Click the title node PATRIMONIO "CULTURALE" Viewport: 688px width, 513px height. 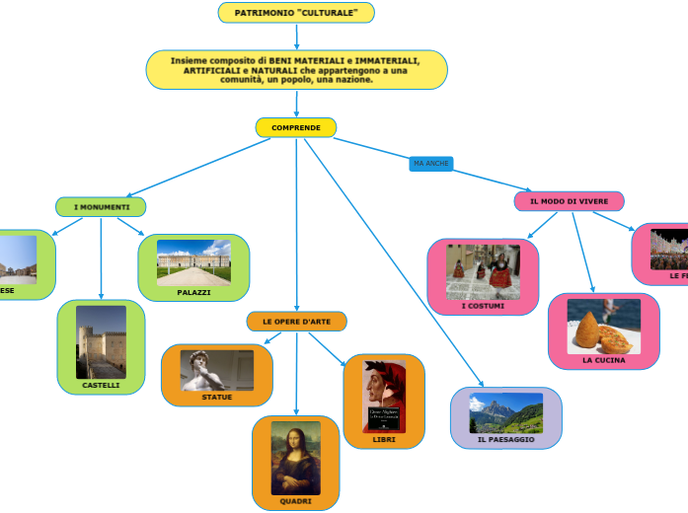point(296,13)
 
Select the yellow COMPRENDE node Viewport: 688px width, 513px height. point(296,127)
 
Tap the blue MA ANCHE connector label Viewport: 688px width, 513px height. point(431,163)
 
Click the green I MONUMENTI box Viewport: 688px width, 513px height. point(102,207)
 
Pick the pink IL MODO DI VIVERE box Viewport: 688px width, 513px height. point(569,201)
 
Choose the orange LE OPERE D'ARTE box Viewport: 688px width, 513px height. point(296,322)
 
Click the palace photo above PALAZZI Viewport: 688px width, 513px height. point(193,262)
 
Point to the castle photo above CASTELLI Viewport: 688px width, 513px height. point(101,341)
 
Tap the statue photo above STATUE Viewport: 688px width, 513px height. point(217,371)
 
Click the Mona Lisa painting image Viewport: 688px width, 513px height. point(296,458)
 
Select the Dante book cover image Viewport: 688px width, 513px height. point(384,396)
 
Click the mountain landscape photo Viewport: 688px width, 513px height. point(505,412)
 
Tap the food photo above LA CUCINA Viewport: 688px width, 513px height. point(603,327)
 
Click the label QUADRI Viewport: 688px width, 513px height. point(296,501)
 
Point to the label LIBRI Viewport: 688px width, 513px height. point(384,439)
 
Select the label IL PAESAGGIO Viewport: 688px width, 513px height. point(505,439)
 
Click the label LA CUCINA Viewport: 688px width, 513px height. point(603,360)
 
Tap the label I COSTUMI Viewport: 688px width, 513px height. point(483,306)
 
